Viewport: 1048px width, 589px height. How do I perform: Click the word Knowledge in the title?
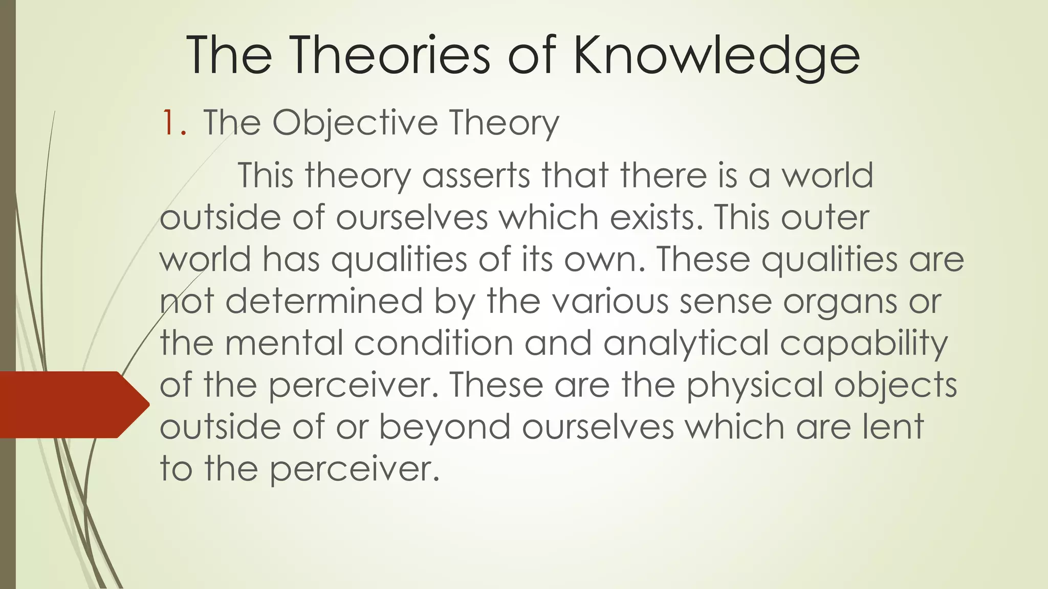716,56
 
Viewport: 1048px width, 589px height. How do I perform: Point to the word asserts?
476,175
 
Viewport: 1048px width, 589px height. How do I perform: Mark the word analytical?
686,344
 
